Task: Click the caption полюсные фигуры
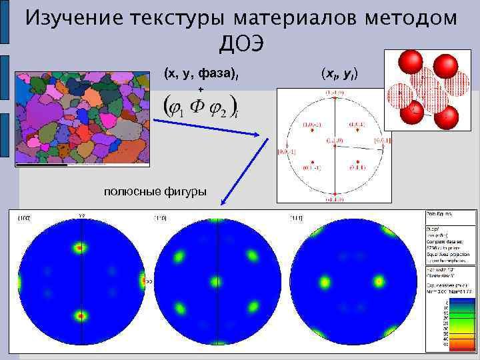click(x=155, y=193)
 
